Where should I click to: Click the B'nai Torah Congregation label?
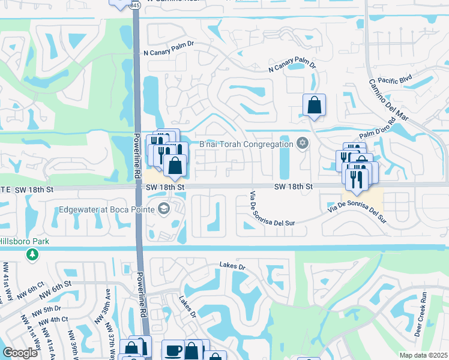[246, 143]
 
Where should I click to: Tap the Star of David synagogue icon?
[302, 143]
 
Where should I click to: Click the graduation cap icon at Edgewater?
[163, 209]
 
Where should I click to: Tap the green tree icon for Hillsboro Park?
[31, 255]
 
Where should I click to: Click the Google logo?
[20, 353]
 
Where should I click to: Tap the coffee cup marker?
[173, 350]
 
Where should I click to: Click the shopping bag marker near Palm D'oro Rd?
[314, 106]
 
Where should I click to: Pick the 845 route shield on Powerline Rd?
[135, 5]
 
